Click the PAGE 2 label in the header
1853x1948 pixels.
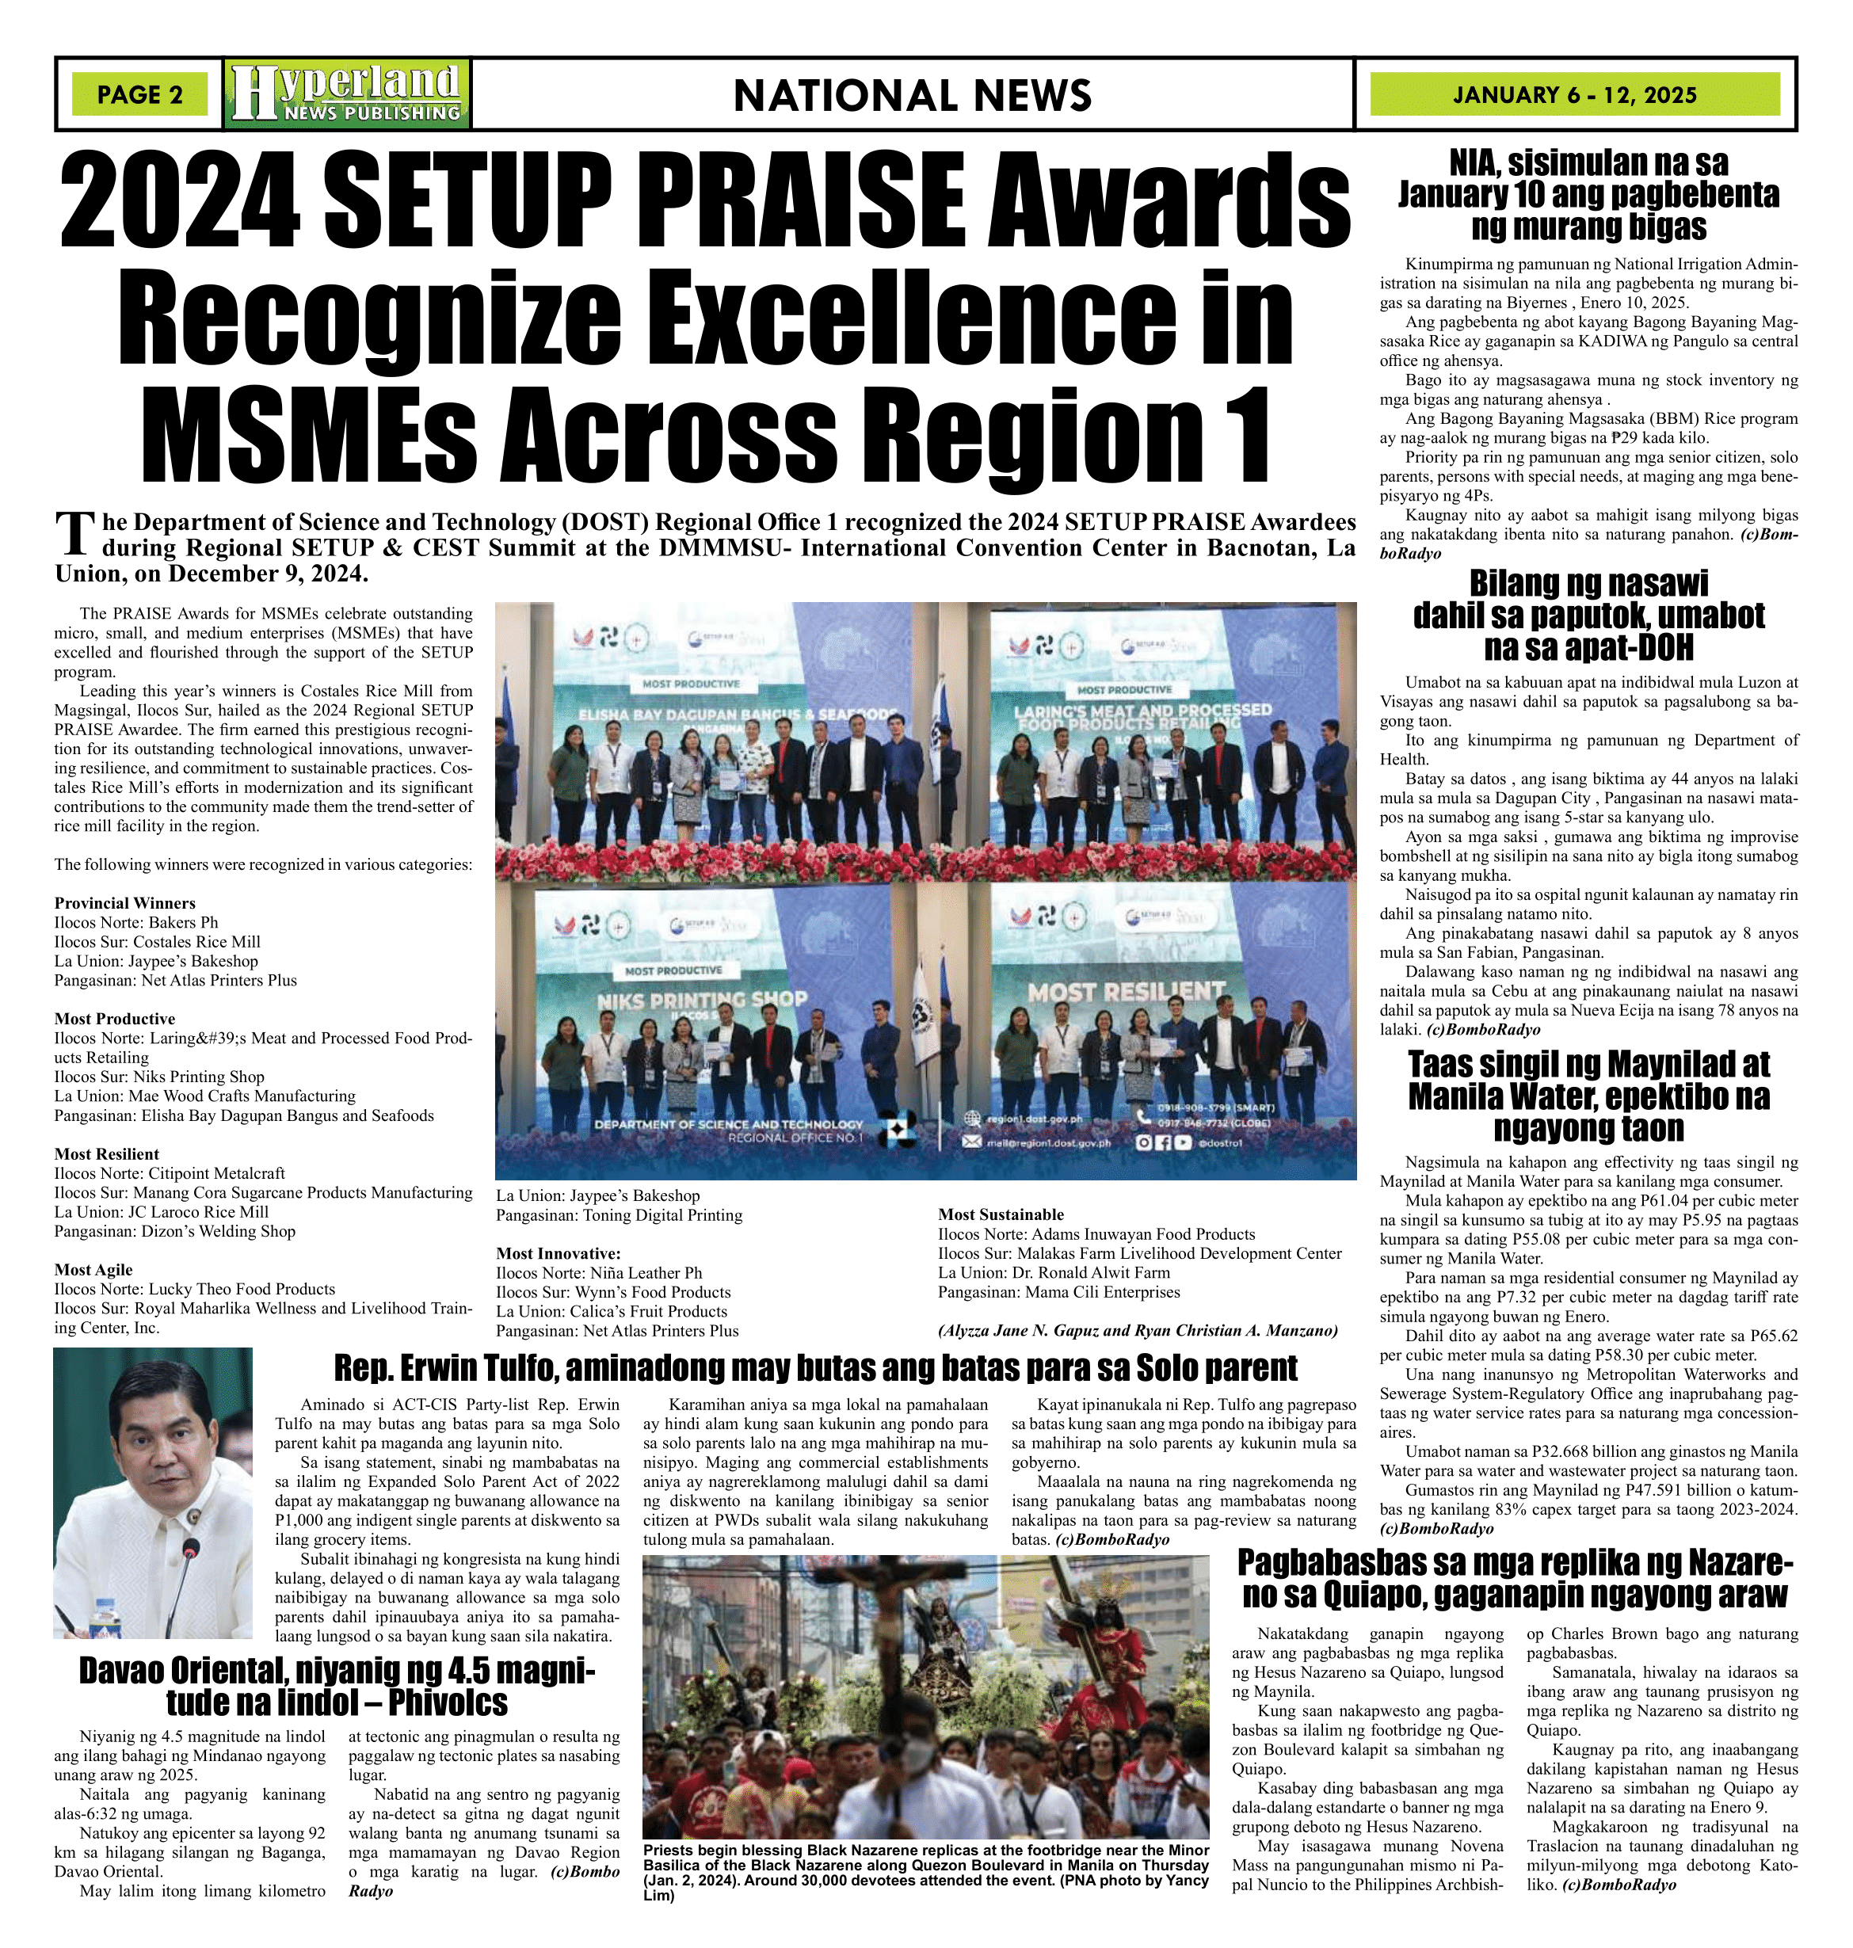(139, 95)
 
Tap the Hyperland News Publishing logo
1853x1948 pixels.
(347, 93)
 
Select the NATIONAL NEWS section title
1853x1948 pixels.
(912, 95)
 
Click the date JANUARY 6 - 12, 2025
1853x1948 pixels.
(1574, 95)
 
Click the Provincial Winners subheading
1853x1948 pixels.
(124, 903)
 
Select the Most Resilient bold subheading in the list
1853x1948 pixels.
(107, 1153)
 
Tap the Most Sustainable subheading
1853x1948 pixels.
(1001, 1214)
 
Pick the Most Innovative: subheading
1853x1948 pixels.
(558, 1253)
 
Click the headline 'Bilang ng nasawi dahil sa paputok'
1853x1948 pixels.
(1588, 615)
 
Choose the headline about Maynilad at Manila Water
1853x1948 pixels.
(1588, 1096)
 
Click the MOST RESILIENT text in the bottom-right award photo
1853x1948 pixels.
(1126, 991)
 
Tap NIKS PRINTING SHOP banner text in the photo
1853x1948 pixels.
(701, 1000)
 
